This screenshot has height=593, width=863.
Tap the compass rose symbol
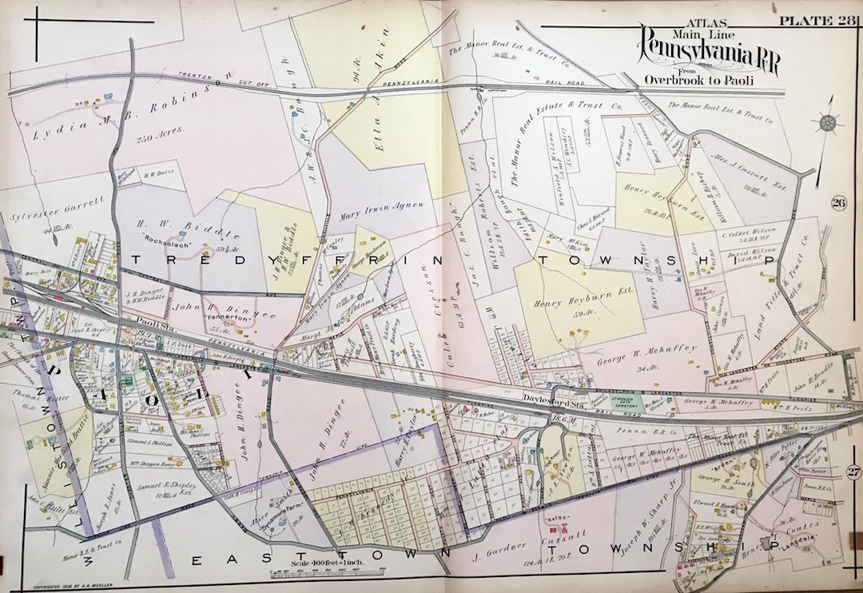point(826,122)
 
